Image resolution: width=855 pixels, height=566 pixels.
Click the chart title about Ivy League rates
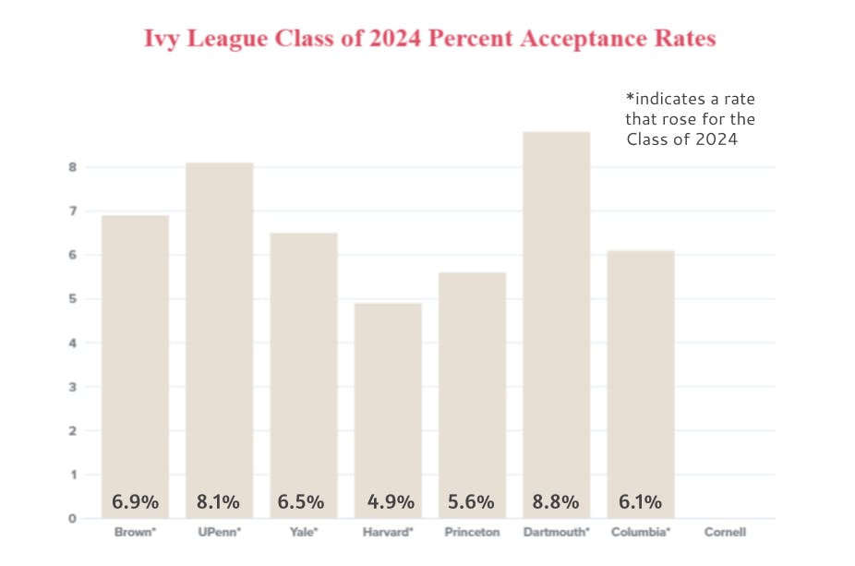429,40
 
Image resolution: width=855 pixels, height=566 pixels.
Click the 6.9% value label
135,502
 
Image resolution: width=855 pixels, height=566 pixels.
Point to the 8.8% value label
556,502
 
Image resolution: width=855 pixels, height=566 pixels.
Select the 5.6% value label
472,502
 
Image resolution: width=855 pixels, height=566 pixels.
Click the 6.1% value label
640,502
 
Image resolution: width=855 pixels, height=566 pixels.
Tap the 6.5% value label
303,502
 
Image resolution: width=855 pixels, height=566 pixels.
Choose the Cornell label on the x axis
725,533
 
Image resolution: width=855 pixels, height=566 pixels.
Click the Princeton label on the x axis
472,533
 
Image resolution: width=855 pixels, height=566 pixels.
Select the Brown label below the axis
135,533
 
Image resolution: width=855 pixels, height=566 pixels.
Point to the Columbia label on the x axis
641,533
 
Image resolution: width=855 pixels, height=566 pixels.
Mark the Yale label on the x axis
304,533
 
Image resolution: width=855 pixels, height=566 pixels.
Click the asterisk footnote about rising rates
691,118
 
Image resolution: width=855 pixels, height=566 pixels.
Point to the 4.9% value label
388,502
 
